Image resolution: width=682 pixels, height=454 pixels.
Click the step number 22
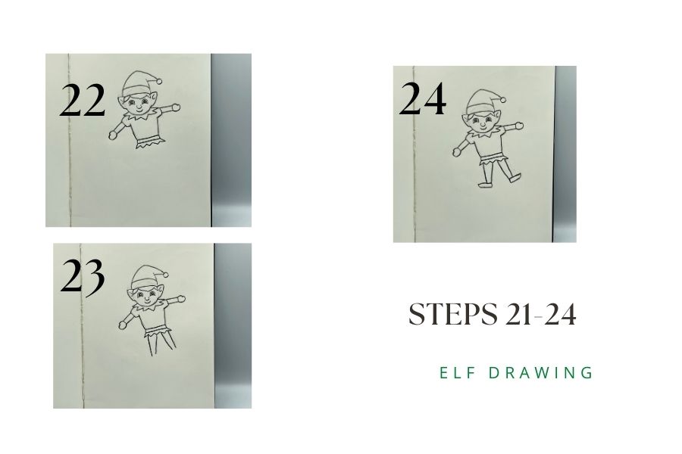[82, 101]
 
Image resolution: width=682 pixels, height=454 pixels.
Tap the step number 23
[83, 276]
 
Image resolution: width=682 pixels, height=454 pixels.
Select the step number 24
[422, 98]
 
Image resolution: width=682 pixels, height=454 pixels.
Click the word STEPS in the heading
[453, 314]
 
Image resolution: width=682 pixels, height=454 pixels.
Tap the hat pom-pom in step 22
[159, 81]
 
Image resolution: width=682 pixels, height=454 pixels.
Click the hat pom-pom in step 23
[166, 275]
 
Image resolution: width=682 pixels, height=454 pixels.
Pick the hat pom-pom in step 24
[503, 99]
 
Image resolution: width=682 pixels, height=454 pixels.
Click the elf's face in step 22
[139, 104]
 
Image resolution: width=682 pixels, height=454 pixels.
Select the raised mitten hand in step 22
[175, 107]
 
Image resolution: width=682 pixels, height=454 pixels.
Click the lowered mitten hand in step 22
[113, 135]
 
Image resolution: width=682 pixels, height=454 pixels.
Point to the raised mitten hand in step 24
[518, 126]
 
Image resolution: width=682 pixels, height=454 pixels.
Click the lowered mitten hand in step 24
[457, 152]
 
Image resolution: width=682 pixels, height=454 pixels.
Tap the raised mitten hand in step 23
[181, 298]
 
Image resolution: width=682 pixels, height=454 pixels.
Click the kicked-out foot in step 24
[515, 177]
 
